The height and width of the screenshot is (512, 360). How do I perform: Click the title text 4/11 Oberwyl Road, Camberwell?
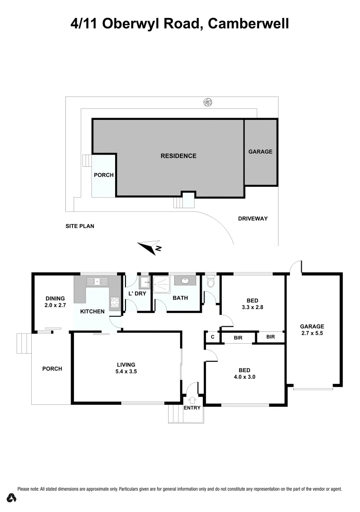point(180,23)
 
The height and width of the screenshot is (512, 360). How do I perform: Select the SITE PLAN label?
point(80,226)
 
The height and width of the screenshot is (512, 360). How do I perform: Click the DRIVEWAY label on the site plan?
point(253,219)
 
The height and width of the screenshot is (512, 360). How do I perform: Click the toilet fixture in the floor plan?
point(211,283)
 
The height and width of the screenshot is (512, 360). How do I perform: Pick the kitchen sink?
point(98,281)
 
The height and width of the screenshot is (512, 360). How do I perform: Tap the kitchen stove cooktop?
point(114,302)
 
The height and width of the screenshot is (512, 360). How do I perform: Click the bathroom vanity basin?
point(183,281)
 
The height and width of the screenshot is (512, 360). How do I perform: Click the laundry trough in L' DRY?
point(143,283)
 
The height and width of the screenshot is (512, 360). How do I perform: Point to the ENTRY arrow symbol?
point(192,401)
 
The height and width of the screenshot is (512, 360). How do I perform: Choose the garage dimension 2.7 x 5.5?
point(312,333)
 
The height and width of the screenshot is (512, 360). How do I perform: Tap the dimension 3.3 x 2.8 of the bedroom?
point(252,307)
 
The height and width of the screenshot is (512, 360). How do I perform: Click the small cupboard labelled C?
point(213,337)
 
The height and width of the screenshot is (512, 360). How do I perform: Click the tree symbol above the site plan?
point(207,101)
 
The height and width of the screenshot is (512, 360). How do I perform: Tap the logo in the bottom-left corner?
point(13,498)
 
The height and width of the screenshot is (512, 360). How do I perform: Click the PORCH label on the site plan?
point(104,175)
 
